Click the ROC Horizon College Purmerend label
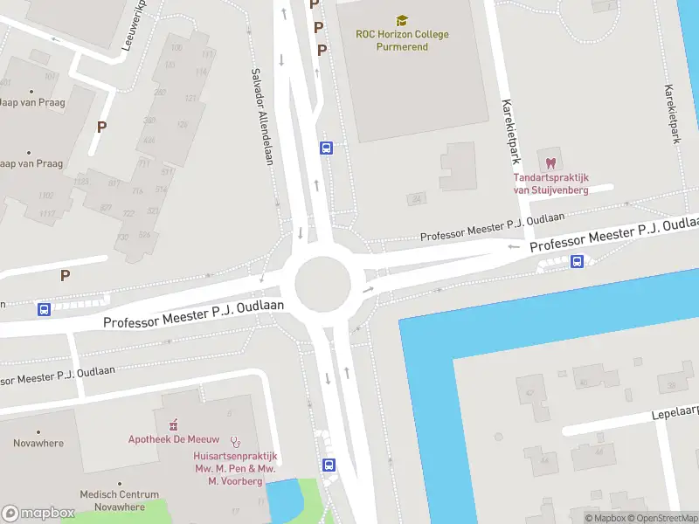402,40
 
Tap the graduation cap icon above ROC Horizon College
402,20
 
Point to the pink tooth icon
550,163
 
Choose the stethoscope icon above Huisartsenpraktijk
235,443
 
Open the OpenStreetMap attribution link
661,518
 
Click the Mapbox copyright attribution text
605,518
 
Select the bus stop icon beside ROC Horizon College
327,148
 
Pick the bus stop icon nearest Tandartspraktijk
577,261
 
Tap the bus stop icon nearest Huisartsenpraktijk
329,465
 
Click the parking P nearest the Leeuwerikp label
101,127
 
